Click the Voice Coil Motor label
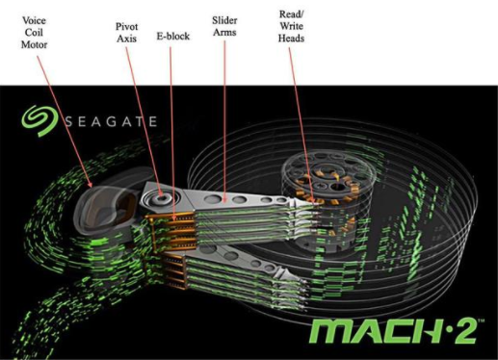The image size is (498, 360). click(x=34, y=33)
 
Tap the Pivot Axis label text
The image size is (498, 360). click(x=126, y=33)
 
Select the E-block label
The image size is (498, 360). click(x=173, y=36)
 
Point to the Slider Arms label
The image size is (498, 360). click(x=224, y=26)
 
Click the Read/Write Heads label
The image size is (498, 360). click(x=291, y=26)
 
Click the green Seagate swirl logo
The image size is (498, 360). click(x=39, y=121)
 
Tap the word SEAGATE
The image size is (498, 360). click(x=111, y=121)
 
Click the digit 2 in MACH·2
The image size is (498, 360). click(x=464, y=331)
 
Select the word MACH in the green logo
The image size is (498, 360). click(x=375, y=331)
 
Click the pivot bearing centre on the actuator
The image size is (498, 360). click(x=161, y=197)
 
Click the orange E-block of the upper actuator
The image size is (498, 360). click(x=172, y=230)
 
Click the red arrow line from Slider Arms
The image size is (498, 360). click(x=224, y=121)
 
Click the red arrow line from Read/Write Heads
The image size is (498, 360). click(x=301, y=125)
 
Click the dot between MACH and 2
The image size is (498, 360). click(x=445, y=329)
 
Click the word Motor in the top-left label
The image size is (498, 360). click(x=34, y=44)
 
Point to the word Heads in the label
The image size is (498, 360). click(x=291, y=39)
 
